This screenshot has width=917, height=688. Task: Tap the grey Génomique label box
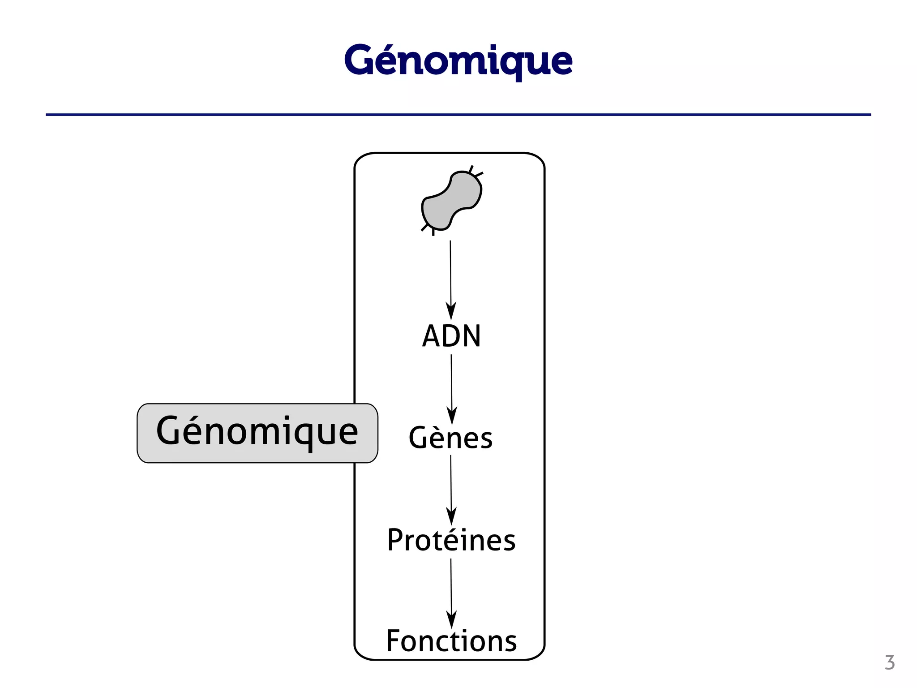point(257,433)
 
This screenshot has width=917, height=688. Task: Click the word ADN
point(451,336)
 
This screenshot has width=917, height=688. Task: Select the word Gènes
point(450,438)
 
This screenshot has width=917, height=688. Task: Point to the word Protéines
point(451,540)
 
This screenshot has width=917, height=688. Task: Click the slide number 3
point(889,662)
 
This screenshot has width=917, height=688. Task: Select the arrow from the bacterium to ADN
point(451,273)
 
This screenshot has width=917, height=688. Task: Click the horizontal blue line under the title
point(458,115)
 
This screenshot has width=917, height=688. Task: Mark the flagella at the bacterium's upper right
point(476,171)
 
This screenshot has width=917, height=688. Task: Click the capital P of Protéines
point(396,540)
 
